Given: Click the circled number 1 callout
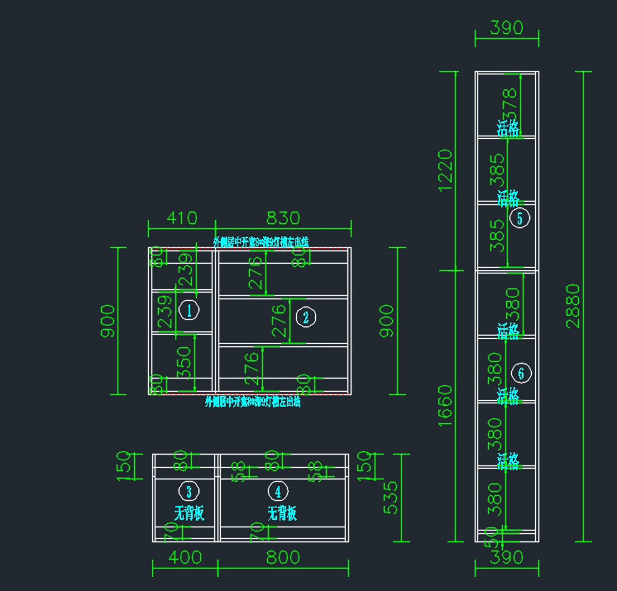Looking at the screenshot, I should (x=189, y=310).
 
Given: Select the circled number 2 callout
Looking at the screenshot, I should (x=306, y=317).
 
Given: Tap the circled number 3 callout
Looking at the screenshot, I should (x=189, y=491).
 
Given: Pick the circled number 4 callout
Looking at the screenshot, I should (x=278, y=491).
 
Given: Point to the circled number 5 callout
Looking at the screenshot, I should (x=519, y=218).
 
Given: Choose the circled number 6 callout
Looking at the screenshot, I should (x=521, y=373).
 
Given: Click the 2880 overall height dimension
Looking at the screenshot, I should (x=572, y=306).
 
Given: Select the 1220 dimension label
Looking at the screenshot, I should (x=445, y=170).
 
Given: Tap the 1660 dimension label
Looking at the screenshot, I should (x=445, y=405).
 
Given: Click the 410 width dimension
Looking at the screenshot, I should (x=182, y=218).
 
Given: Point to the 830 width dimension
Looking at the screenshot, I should (x=283, y=218).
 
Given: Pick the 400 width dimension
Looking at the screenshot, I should (x=185, y=558).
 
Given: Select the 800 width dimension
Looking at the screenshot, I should (x=283, y=558).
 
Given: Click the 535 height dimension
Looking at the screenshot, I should (x=391, y=497).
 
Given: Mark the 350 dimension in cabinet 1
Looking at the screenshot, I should (x=184, y=362).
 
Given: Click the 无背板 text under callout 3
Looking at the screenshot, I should (x=189, y=513).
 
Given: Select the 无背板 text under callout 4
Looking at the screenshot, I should (x=282, y=513).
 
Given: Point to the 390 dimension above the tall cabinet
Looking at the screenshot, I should (x=506, y=28).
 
